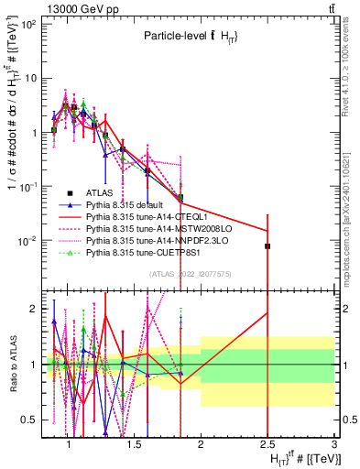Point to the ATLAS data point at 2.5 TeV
click(x=267, y=246)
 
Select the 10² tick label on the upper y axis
click(x=28, y=24)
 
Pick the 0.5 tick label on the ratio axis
click(x=30, y=420)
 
